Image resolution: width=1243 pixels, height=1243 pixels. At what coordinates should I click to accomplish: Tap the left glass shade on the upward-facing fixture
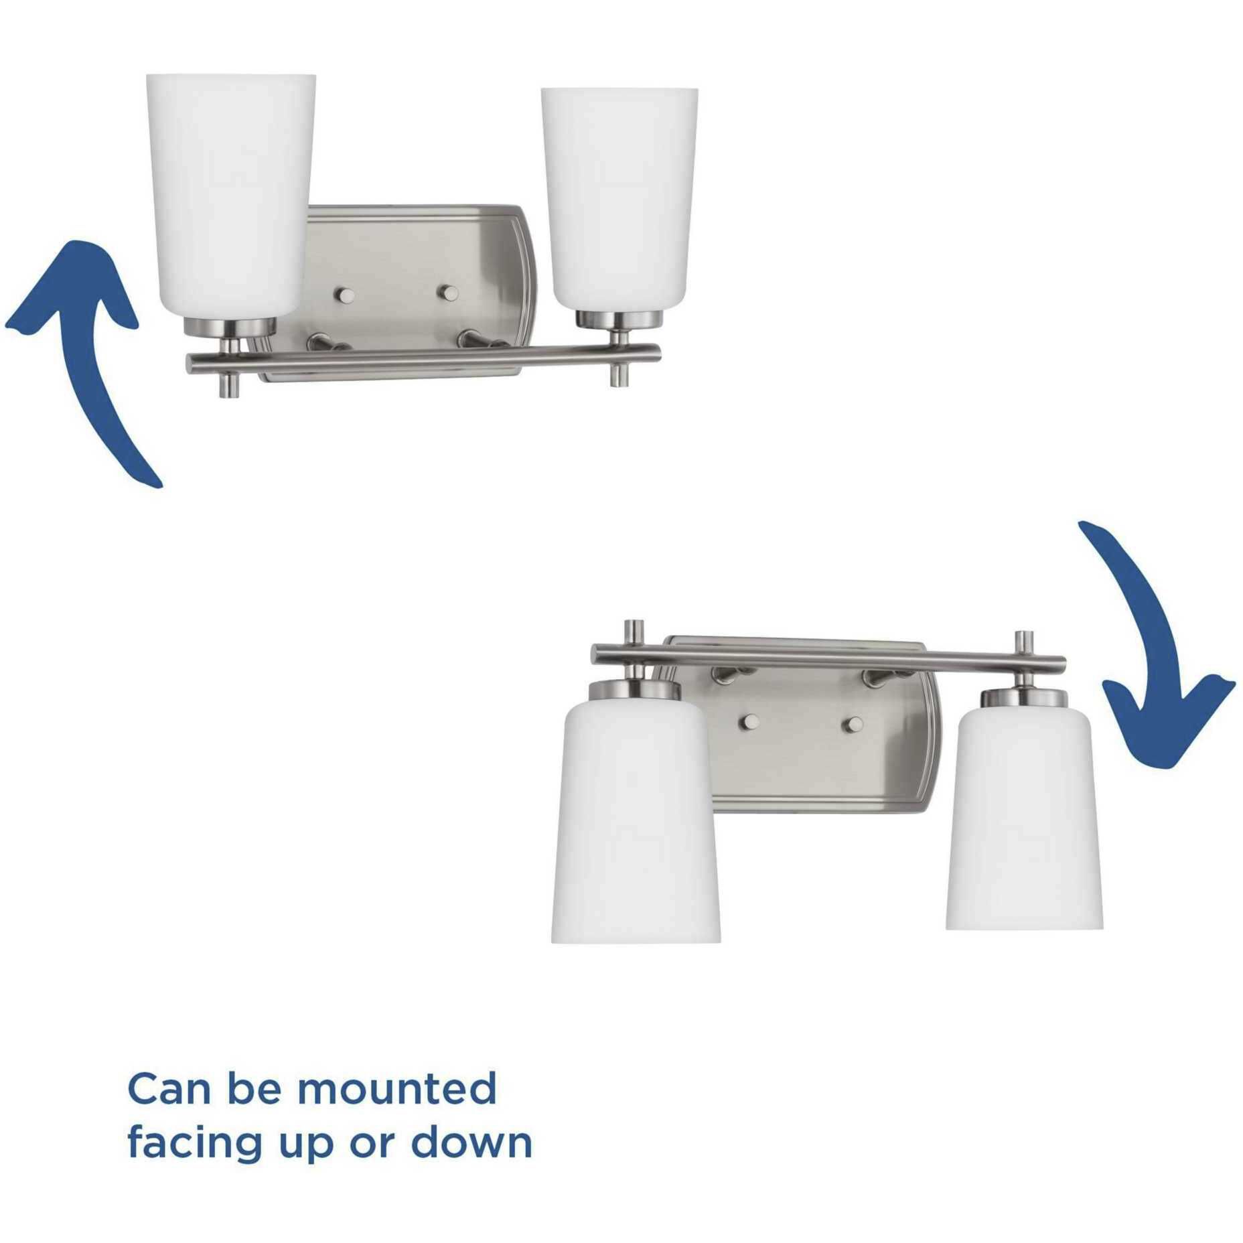click(x=230, y=194)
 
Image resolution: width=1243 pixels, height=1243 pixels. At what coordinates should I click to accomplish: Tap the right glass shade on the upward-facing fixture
click(x=619, y=201)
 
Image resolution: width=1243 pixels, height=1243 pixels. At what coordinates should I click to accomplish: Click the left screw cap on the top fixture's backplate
click(x=346, y=295)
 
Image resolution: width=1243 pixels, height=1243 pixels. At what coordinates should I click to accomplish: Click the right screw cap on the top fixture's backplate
click(x=447, y=293)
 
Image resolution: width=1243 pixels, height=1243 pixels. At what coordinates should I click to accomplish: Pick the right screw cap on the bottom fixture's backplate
click(x=853, y=723)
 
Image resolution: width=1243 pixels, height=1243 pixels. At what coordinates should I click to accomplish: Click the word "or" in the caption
click(x=372, y=1147)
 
